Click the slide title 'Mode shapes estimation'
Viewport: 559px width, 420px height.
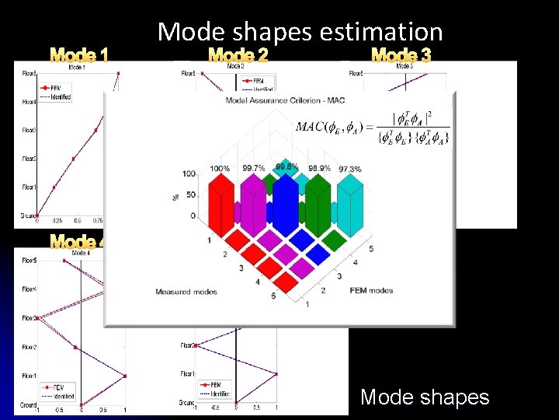click(300, 32)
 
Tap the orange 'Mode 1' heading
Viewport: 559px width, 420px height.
click(78, 55)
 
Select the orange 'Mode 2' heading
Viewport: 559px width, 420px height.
click(238, 55)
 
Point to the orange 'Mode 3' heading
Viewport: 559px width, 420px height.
click(401, 55)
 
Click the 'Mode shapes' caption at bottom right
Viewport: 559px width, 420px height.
click(425, 397)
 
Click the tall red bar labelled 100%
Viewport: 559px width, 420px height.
click(220, 202)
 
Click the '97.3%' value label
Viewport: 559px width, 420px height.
click(350, 169)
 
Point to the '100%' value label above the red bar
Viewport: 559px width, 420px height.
click(220, 169)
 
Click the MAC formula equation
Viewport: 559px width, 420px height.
click(372, 128)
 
